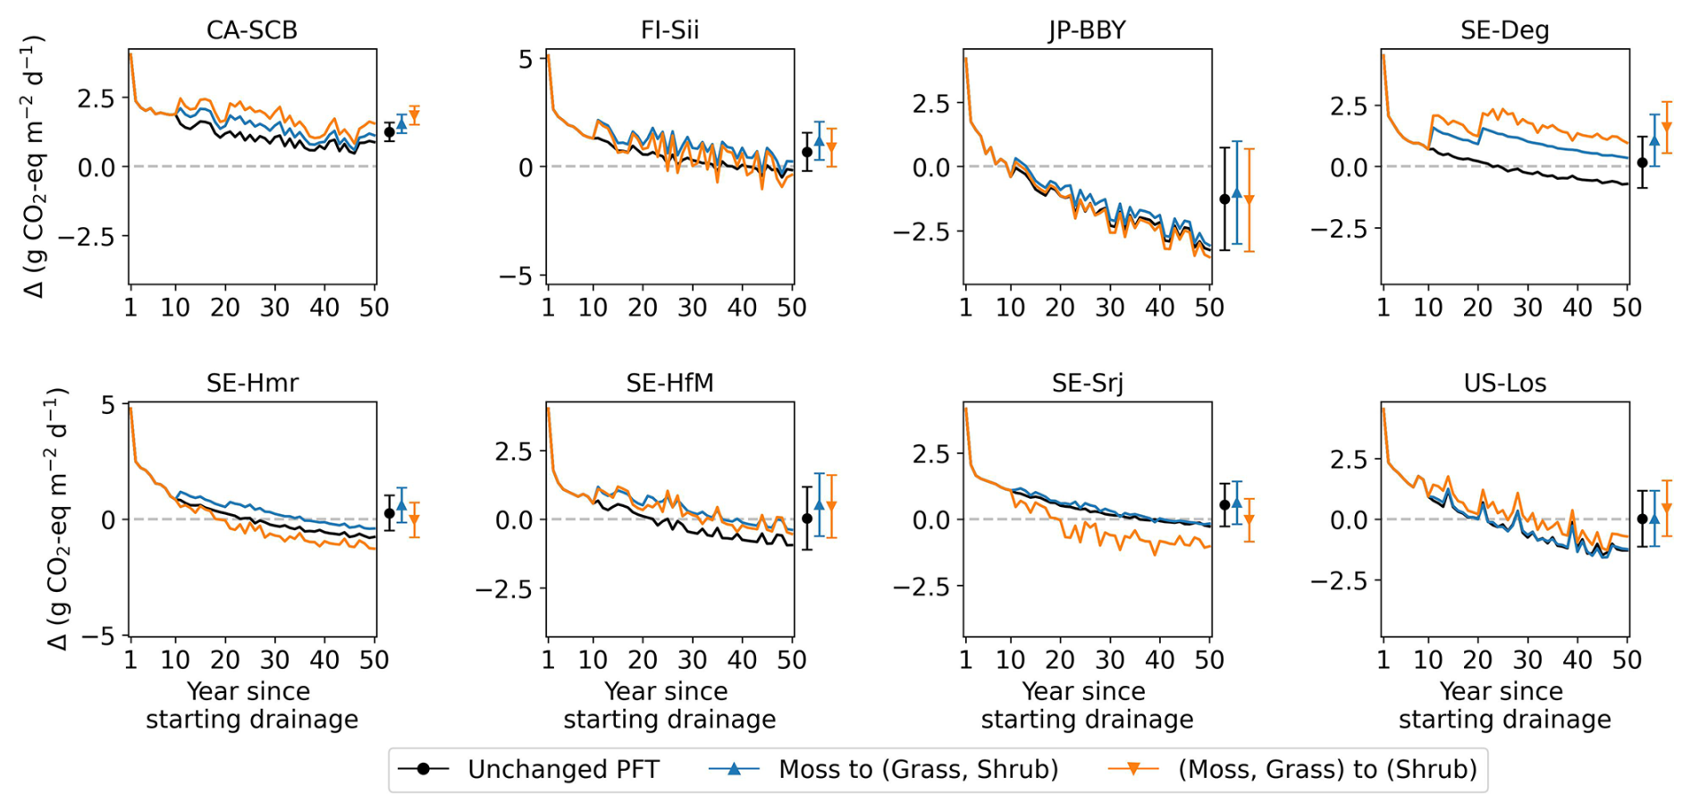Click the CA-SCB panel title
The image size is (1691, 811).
[251, 30]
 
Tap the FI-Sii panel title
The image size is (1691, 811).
[669, 30]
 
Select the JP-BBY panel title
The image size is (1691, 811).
[1087, 30]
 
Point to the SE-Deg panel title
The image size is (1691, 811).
[1504, 30]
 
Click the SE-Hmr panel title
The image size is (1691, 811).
[252, 383]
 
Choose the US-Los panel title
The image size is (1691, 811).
[1504, 383]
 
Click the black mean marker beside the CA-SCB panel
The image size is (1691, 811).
[390, 132]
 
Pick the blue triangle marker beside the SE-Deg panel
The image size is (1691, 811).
[1654, 140]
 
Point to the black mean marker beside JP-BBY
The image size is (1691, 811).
[1224, 199]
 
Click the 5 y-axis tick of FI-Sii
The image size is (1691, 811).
[526, 60]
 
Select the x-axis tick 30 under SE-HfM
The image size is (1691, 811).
[692, 660]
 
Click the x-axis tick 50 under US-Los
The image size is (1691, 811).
[1627, 660]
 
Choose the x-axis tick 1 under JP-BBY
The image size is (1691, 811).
[965, 308]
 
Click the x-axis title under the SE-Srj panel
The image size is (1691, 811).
[1086, 705]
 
